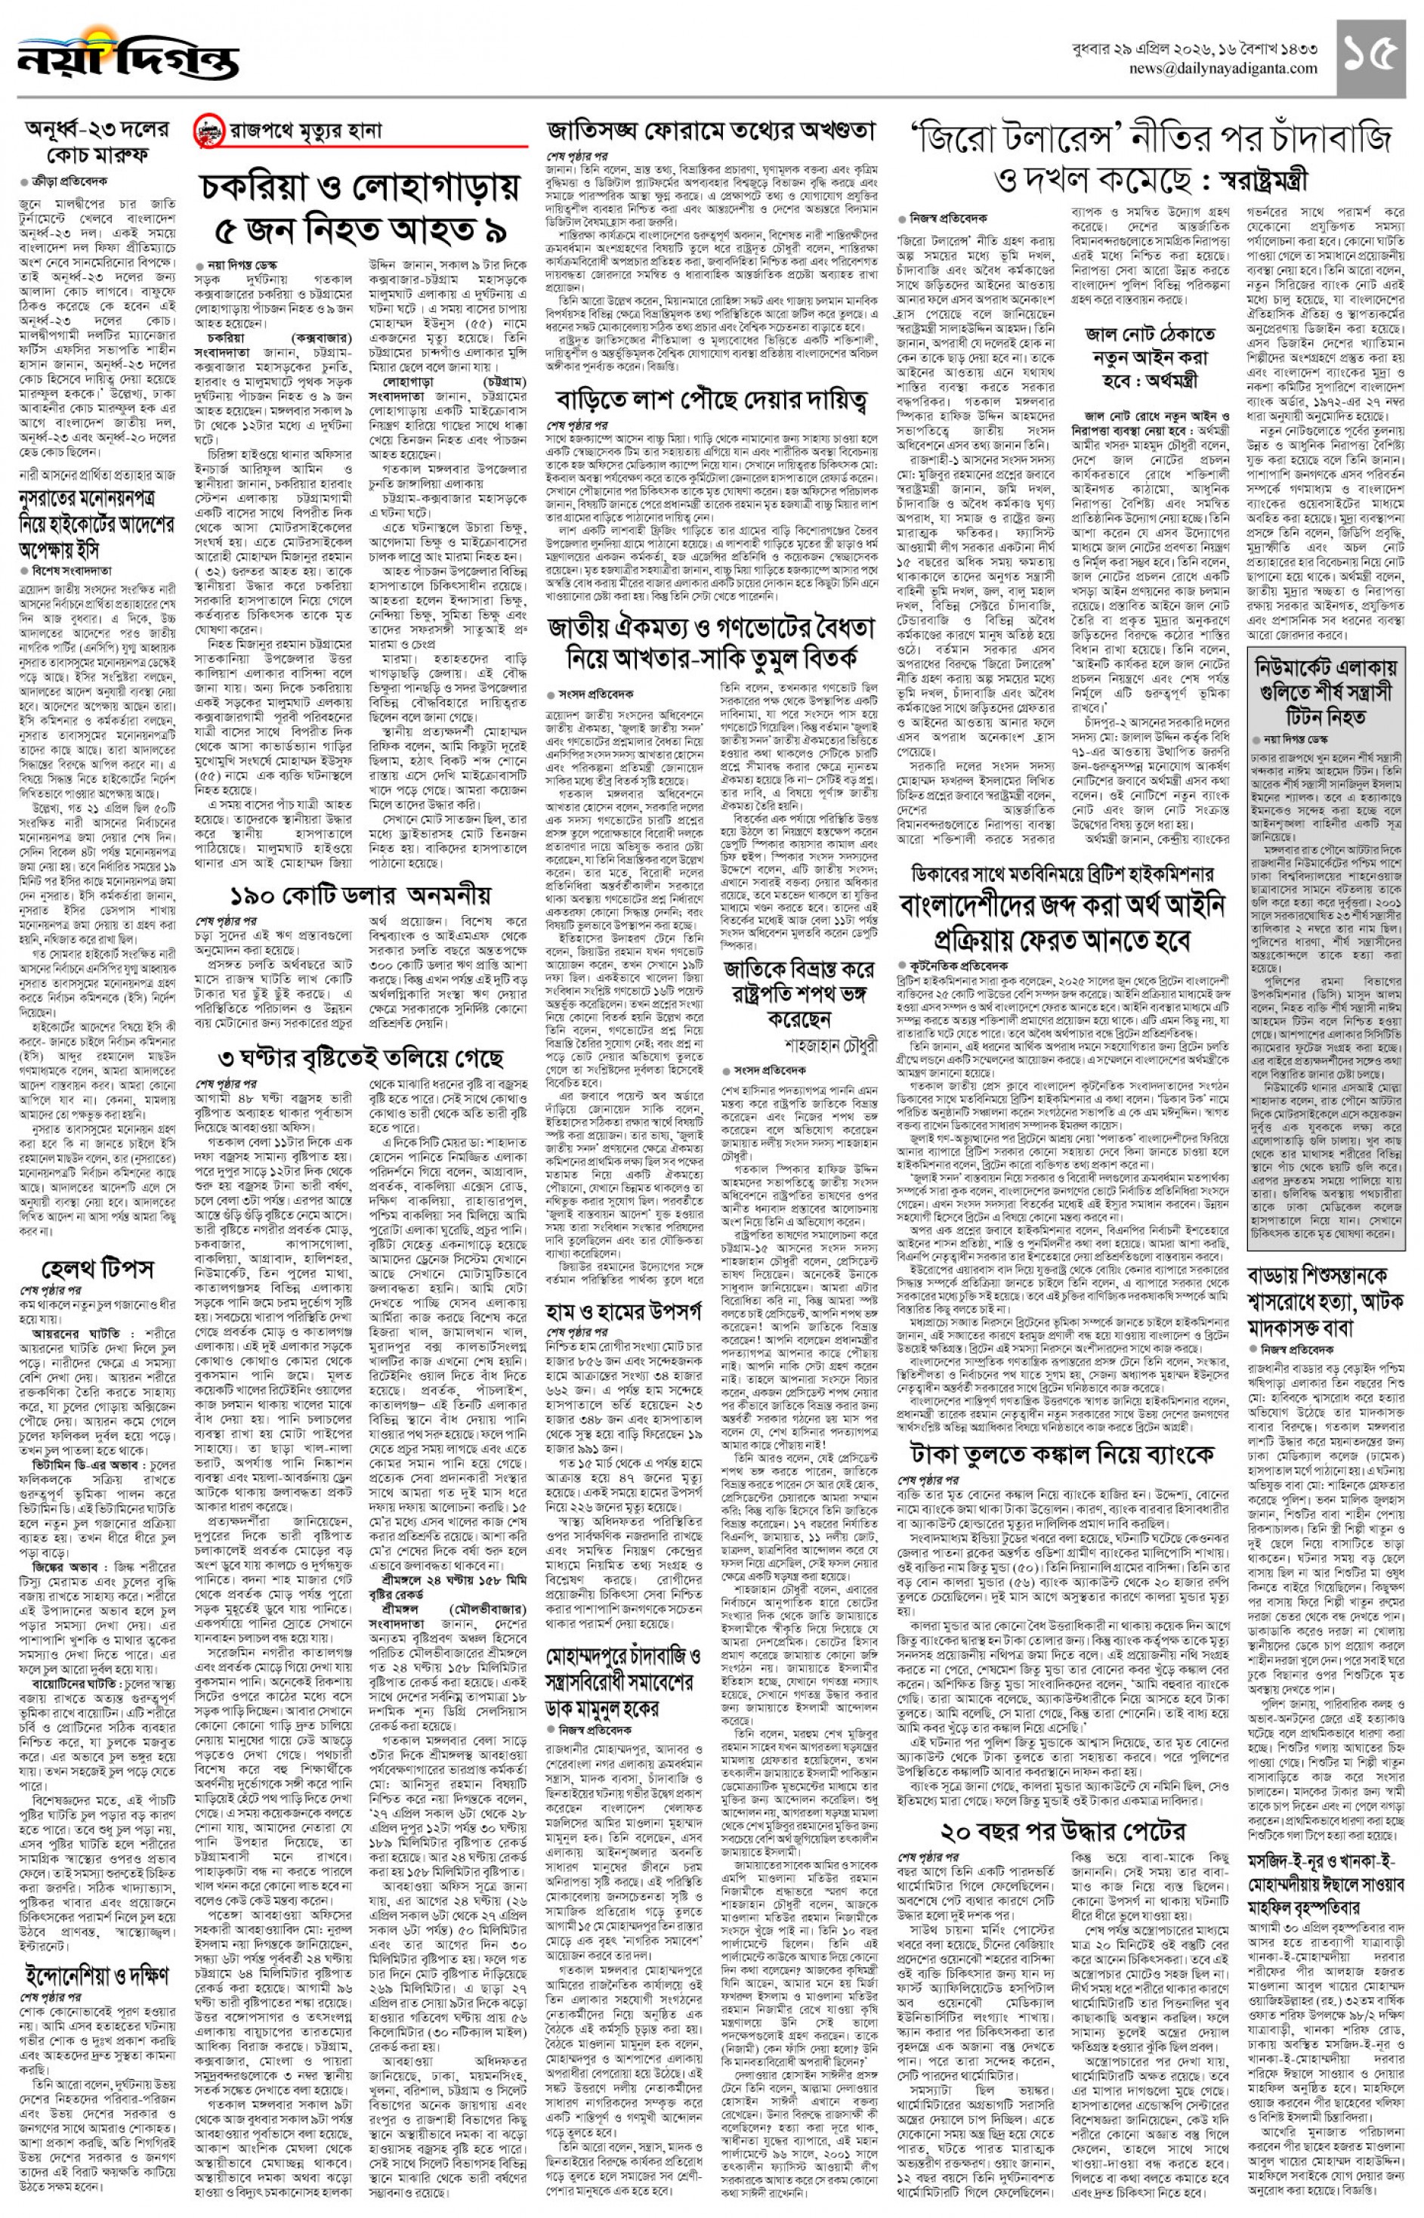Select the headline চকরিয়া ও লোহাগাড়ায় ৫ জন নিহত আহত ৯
tap(360, 207)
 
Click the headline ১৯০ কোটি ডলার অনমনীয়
tap(360, 896)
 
